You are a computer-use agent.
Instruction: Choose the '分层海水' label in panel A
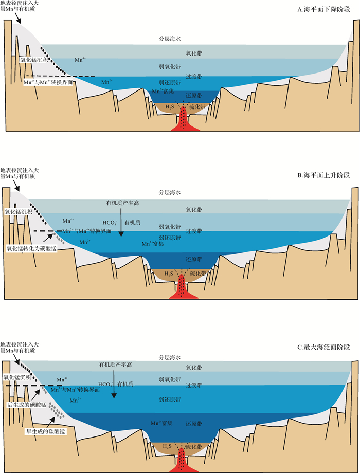point(170,39)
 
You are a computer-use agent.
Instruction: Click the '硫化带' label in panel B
point(198,274)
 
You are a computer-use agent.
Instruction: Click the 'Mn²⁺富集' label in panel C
point(161,423)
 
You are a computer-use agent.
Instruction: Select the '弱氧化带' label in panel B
point(170,226)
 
